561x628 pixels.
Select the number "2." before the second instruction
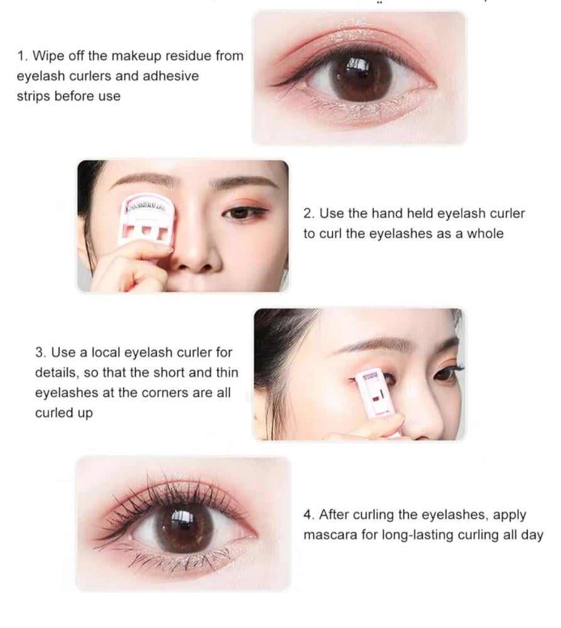tap(309, 213)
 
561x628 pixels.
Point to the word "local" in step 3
tap(106, 352)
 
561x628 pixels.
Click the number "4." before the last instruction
tap(309, 514)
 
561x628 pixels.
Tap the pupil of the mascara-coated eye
tap(184, 527)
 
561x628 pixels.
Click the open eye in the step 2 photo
tap(242, 213)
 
